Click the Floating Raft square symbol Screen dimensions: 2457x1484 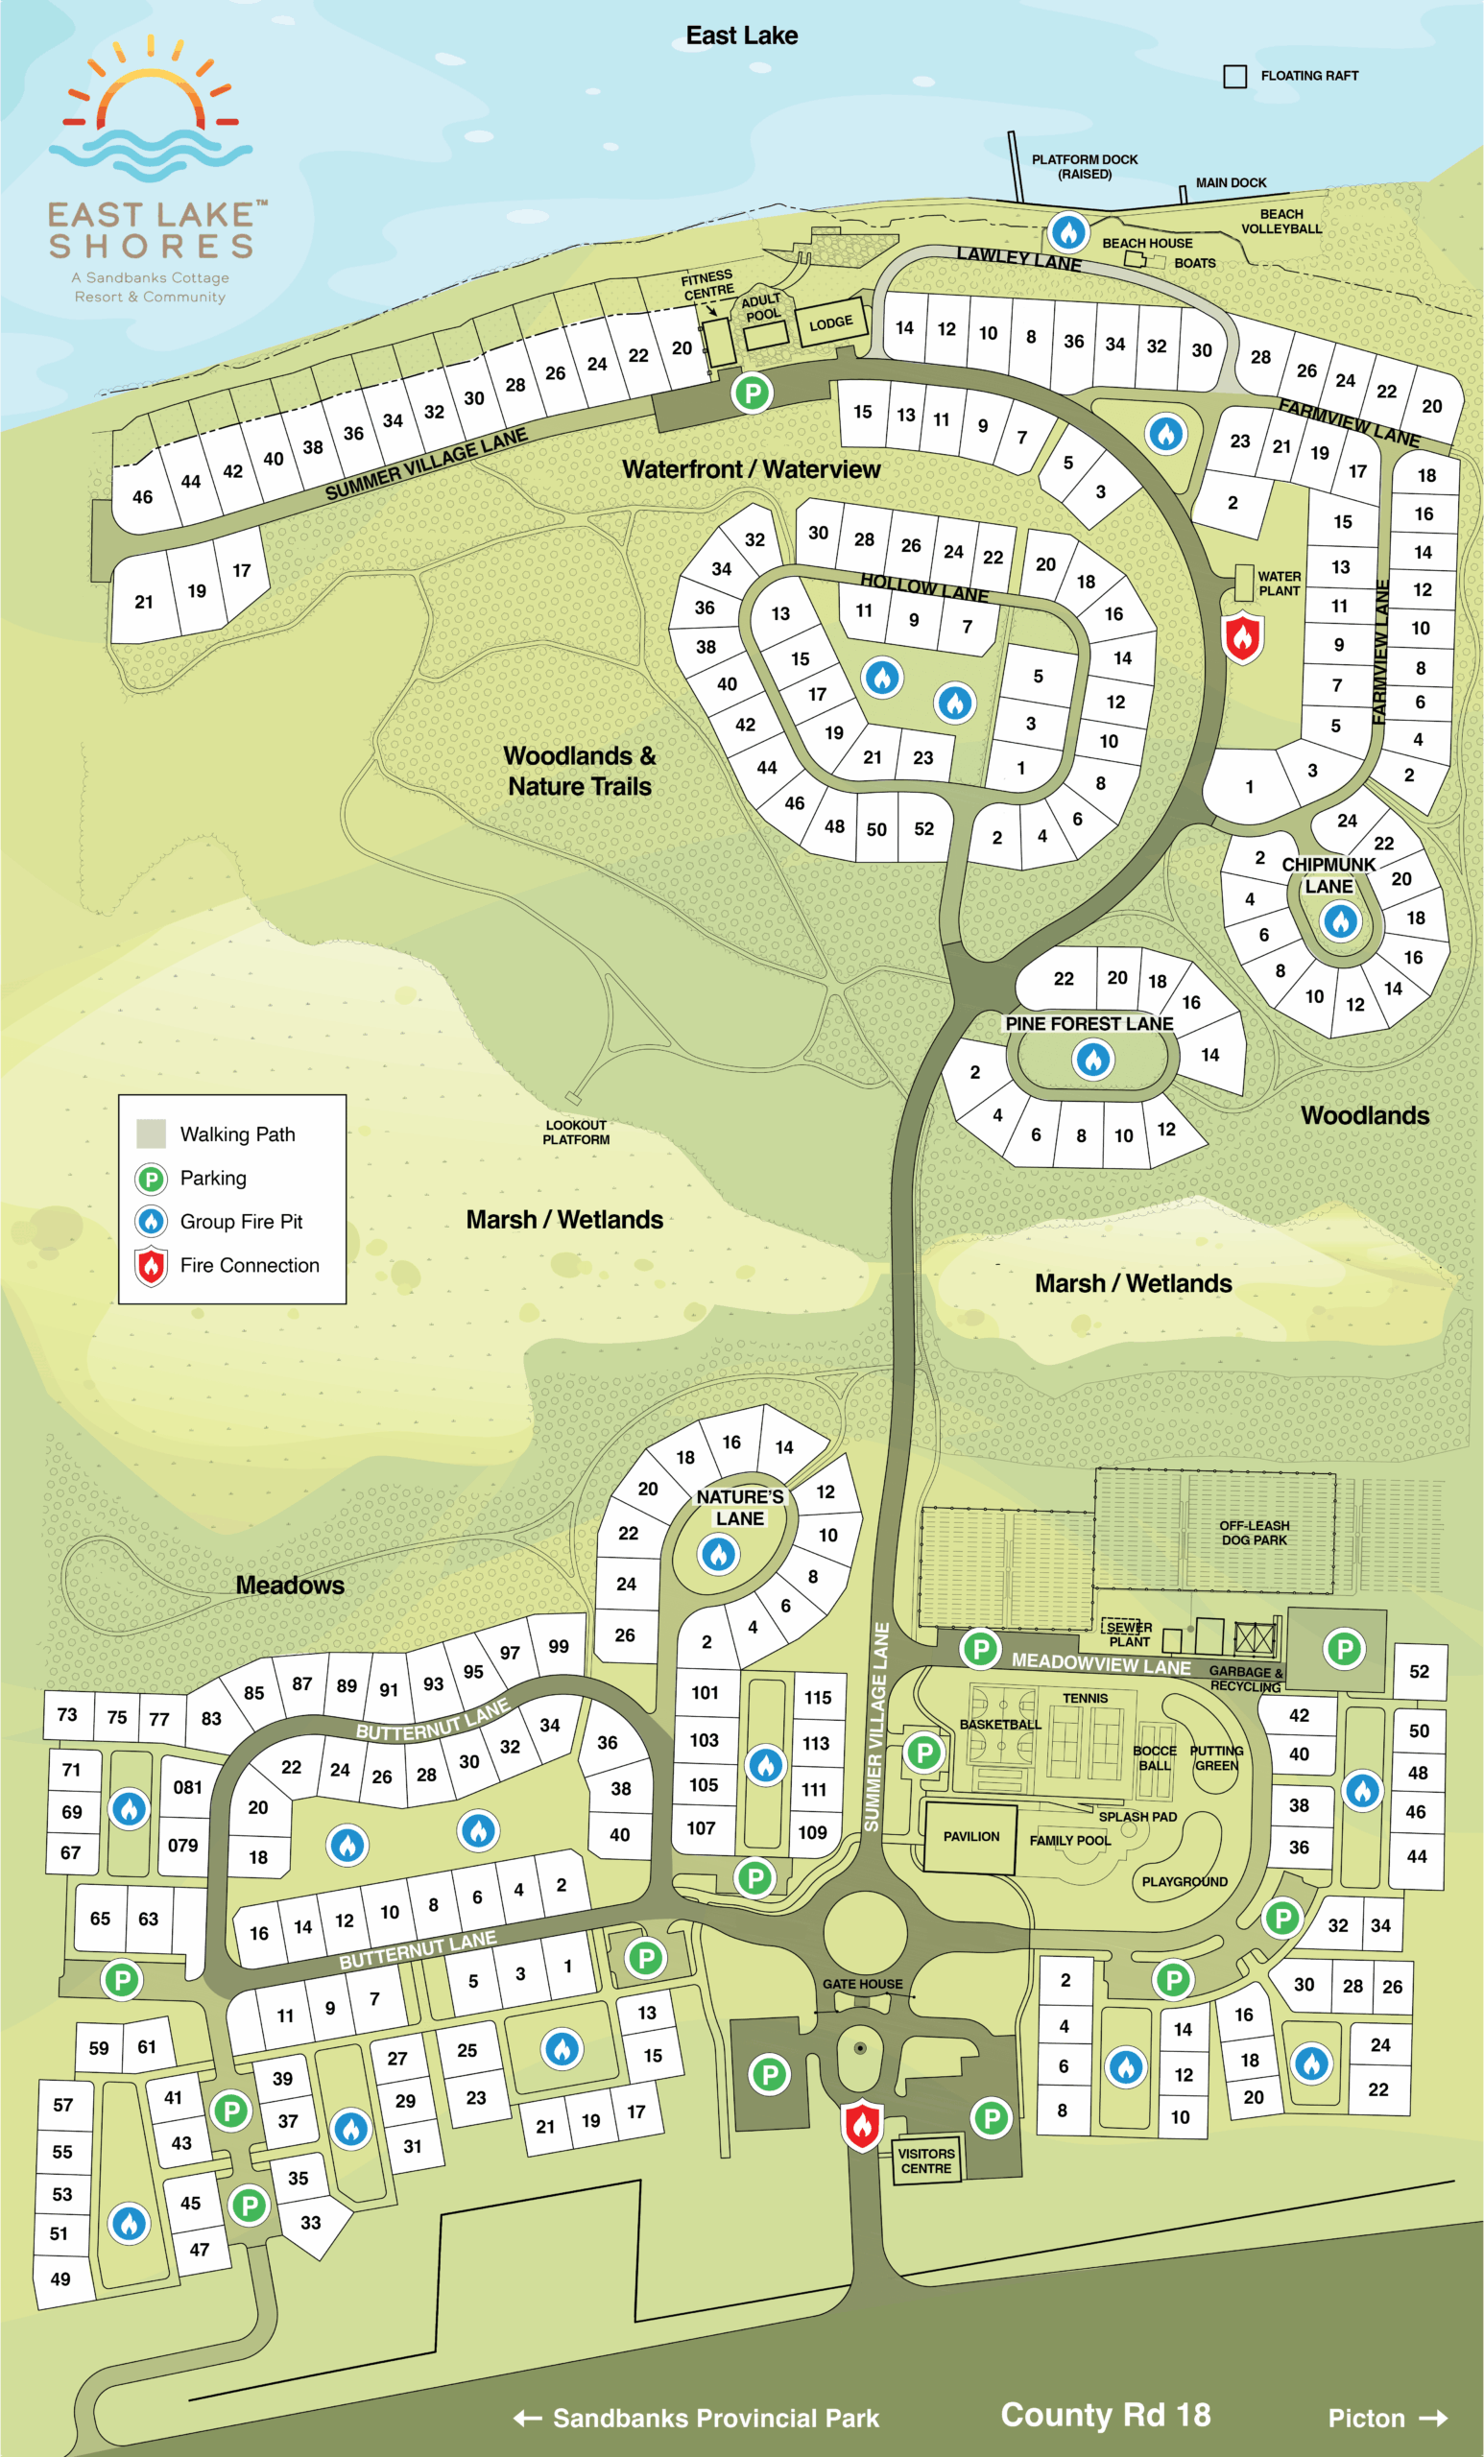coord(1234,77)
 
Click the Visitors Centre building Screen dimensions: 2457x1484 coord(925,2159)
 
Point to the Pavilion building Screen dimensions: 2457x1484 coord(970,1837)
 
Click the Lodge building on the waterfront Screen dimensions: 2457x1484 coord(829,323)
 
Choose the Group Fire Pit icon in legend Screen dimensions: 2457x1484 coord(151,1222)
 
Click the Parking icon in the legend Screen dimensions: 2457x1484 coord(151,1179)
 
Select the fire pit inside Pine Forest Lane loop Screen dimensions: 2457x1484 coord(1093,1059)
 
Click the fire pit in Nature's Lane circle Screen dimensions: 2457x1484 coord(718,1553)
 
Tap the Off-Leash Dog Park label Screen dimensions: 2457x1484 coord(1254,1533)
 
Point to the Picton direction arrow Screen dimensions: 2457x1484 coord(1433,2417)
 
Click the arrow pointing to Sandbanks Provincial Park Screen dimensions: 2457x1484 coord(528,2417)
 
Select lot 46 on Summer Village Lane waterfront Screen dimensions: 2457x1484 coord(143,496)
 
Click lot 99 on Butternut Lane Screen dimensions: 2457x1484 coord(559,1646)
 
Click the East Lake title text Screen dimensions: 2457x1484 coord(741,36)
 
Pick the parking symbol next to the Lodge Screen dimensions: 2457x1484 coord(752,393)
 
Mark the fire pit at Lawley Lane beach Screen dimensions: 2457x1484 coord(1068,232)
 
